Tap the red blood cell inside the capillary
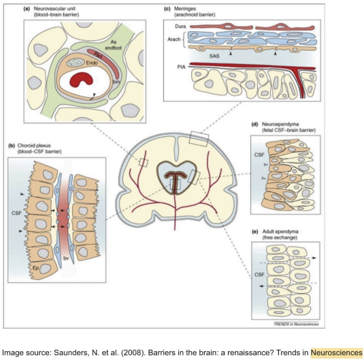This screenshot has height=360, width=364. [87, 81]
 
